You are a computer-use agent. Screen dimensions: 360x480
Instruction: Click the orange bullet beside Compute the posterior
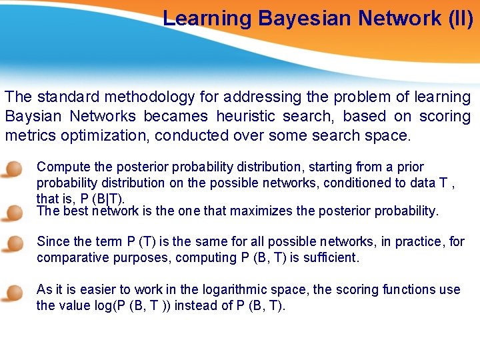pos(11,169)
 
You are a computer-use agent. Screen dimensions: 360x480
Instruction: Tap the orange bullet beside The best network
pos(11,213)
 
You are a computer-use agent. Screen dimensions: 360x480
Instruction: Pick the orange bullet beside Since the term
pos(11,243)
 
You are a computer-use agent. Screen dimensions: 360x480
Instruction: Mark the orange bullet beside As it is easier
pos(11,292)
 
